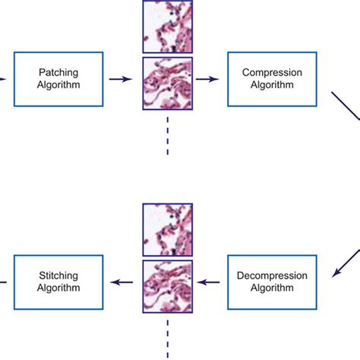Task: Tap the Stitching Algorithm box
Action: tap(59, 283)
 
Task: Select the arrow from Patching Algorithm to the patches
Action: tap(118, 78)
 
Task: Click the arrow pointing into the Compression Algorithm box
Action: tap(207, 78)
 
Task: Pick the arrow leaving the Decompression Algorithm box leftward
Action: tap(210, 283)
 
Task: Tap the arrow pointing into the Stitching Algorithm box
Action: tap(122, 283)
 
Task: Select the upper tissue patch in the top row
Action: tap(168, 27)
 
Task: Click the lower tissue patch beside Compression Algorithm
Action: tap(168, 84)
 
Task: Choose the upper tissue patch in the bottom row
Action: tap(168, 229)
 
